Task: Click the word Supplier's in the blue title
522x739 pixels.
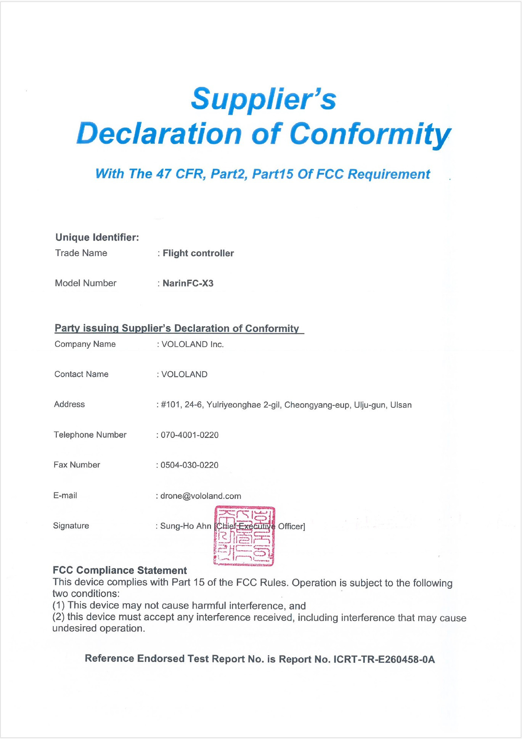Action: click(263, 99)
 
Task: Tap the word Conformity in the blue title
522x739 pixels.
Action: click(370, 134)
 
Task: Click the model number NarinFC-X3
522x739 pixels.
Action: click(188, 283)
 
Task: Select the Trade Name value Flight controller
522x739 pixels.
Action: click(198, 253)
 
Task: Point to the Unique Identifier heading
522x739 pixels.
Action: click(97, 237)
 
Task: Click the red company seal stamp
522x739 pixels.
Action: click(244, 536)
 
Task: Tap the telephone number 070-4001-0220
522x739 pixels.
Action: click(190, 435)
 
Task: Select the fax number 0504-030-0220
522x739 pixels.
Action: click(190, 465)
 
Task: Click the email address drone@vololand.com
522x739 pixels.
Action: click(201, 496)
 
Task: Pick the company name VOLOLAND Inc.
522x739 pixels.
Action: click(193, 344)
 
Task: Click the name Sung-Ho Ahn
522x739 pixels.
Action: click(186, 526)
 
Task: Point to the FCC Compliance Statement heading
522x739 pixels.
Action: click(120, 570)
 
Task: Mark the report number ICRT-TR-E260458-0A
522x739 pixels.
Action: click(384, 659)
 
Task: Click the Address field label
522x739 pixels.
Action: click(69, 404)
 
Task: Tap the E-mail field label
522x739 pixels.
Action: click(65, 495)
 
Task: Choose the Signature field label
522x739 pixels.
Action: click(71, 526)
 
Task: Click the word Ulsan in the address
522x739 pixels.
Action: click(401, 405)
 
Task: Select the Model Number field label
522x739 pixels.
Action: click(86, 283)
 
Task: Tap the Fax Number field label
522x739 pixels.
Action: click(77, 465)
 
